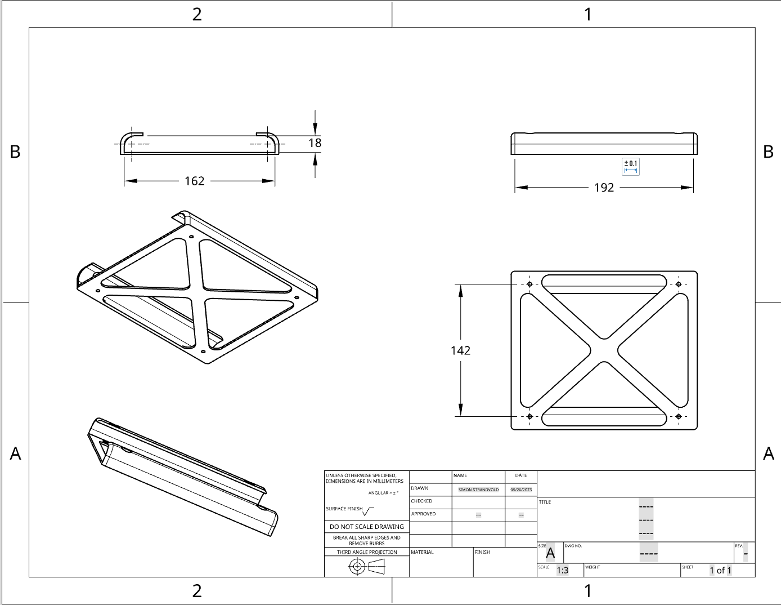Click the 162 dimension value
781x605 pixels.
(x=195, y=181)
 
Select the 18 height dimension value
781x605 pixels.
(x=315, y=143)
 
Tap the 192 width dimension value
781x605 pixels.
(x=604, y=188)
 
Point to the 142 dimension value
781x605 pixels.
(x=460, y=350)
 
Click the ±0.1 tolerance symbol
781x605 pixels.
(x=631, y=166)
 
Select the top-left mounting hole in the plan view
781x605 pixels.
(x=529, y=284)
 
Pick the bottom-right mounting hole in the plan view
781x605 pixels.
(x=679, y=417)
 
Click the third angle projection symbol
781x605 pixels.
(x=366, y=567)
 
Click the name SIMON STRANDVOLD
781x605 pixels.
(x=478, y=490)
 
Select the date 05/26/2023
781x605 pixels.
(x=521, y=490)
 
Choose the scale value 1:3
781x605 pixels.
(x=563, y=570)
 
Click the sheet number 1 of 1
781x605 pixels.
(x=720, y=570)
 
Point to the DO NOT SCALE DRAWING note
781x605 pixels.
(x=367, y=527)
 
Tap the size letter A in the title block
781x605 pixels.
(x=550, y=553)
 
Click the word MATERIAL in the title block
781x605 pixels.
(x=423, y=552)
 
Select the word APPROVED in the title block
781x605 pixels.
(x=423, y=514)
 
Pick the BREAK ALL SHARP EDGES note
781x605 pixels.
(x=367, y=540)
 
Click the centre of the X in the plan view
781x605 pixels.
(x=604, y=350)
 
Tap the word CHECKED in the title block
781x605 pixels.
(x=421, y=501)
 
